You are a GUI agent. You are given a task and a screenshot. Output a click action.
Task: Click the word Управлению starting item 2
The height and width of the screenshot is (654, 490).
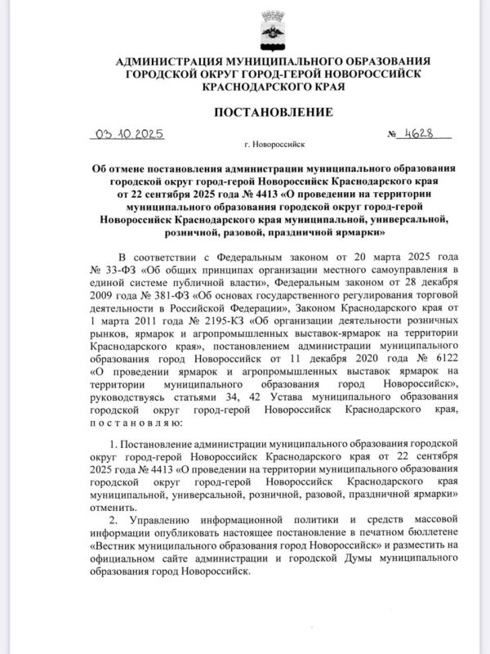click(160, 520)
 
